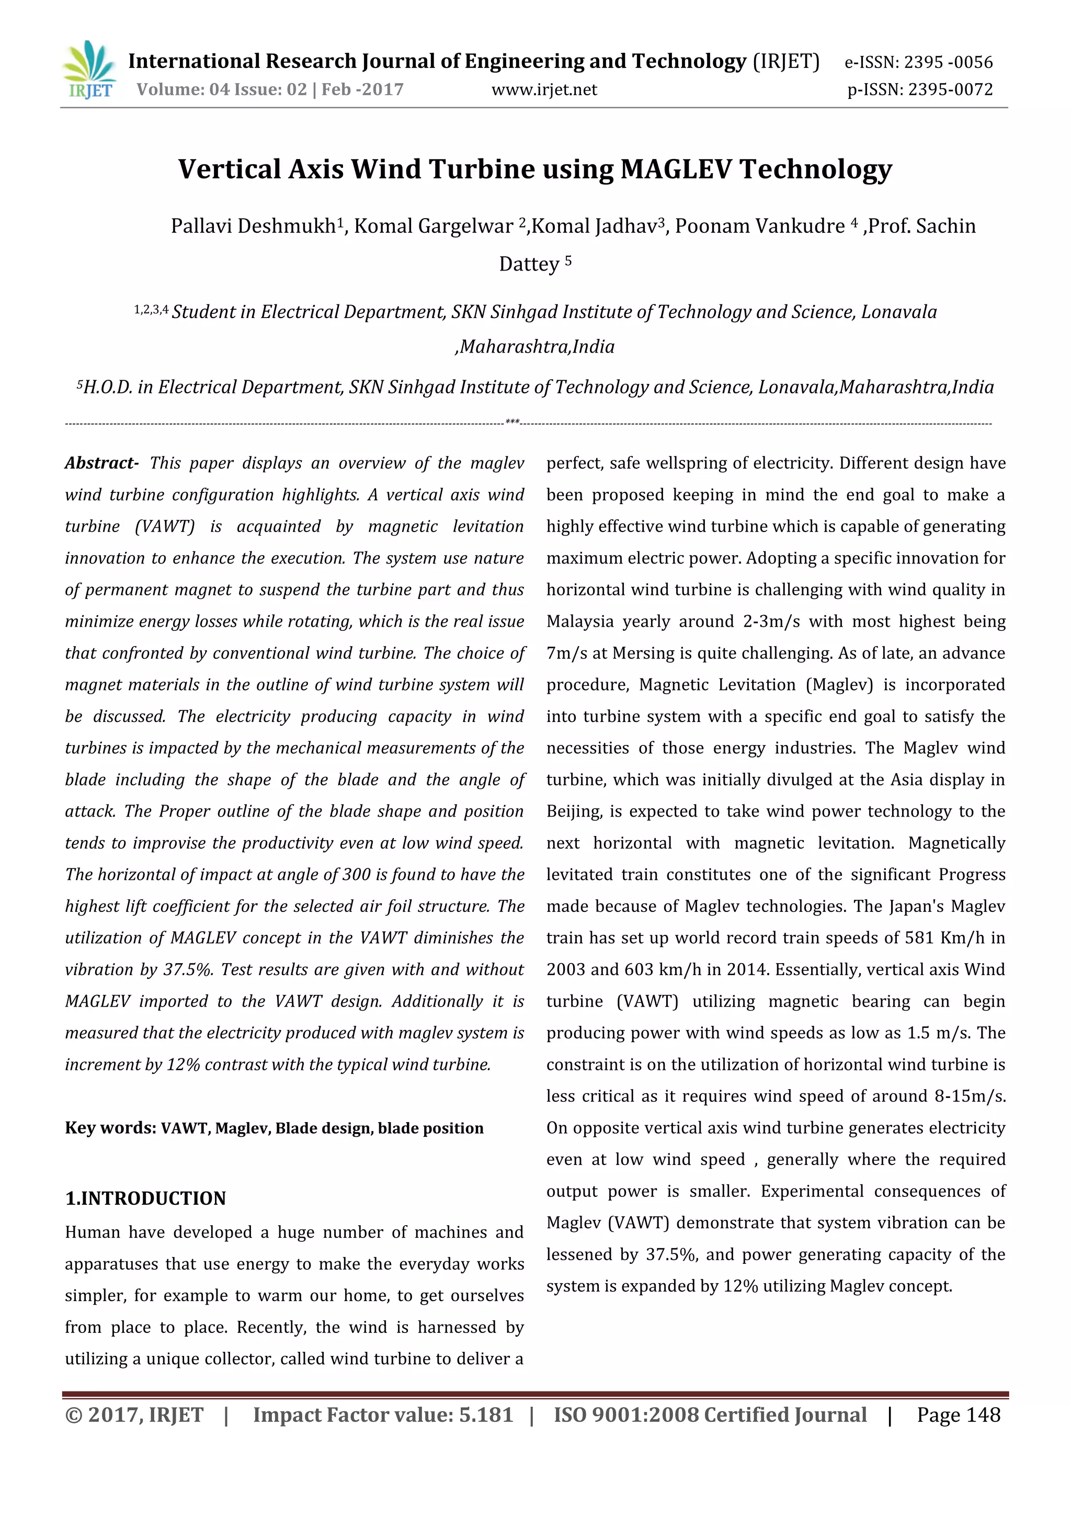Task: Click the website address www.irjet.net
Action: point(544,90)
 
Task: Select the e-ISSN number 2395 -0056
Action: point(948,62)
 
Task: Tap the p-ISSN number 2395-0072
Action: point(950,90)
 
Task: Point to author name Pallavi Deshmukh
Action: point(253,227)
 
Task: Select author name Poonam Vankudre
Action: point(759,227)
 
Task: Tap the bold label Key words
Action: point(109,1128)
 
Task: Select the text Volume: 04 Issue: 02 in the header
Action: point(222,90)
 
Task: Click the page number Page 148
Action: point(958,1415)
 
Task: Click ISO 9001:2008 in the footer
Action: point(625,1415)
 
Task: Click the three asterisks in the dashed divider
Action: point(512,421)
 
